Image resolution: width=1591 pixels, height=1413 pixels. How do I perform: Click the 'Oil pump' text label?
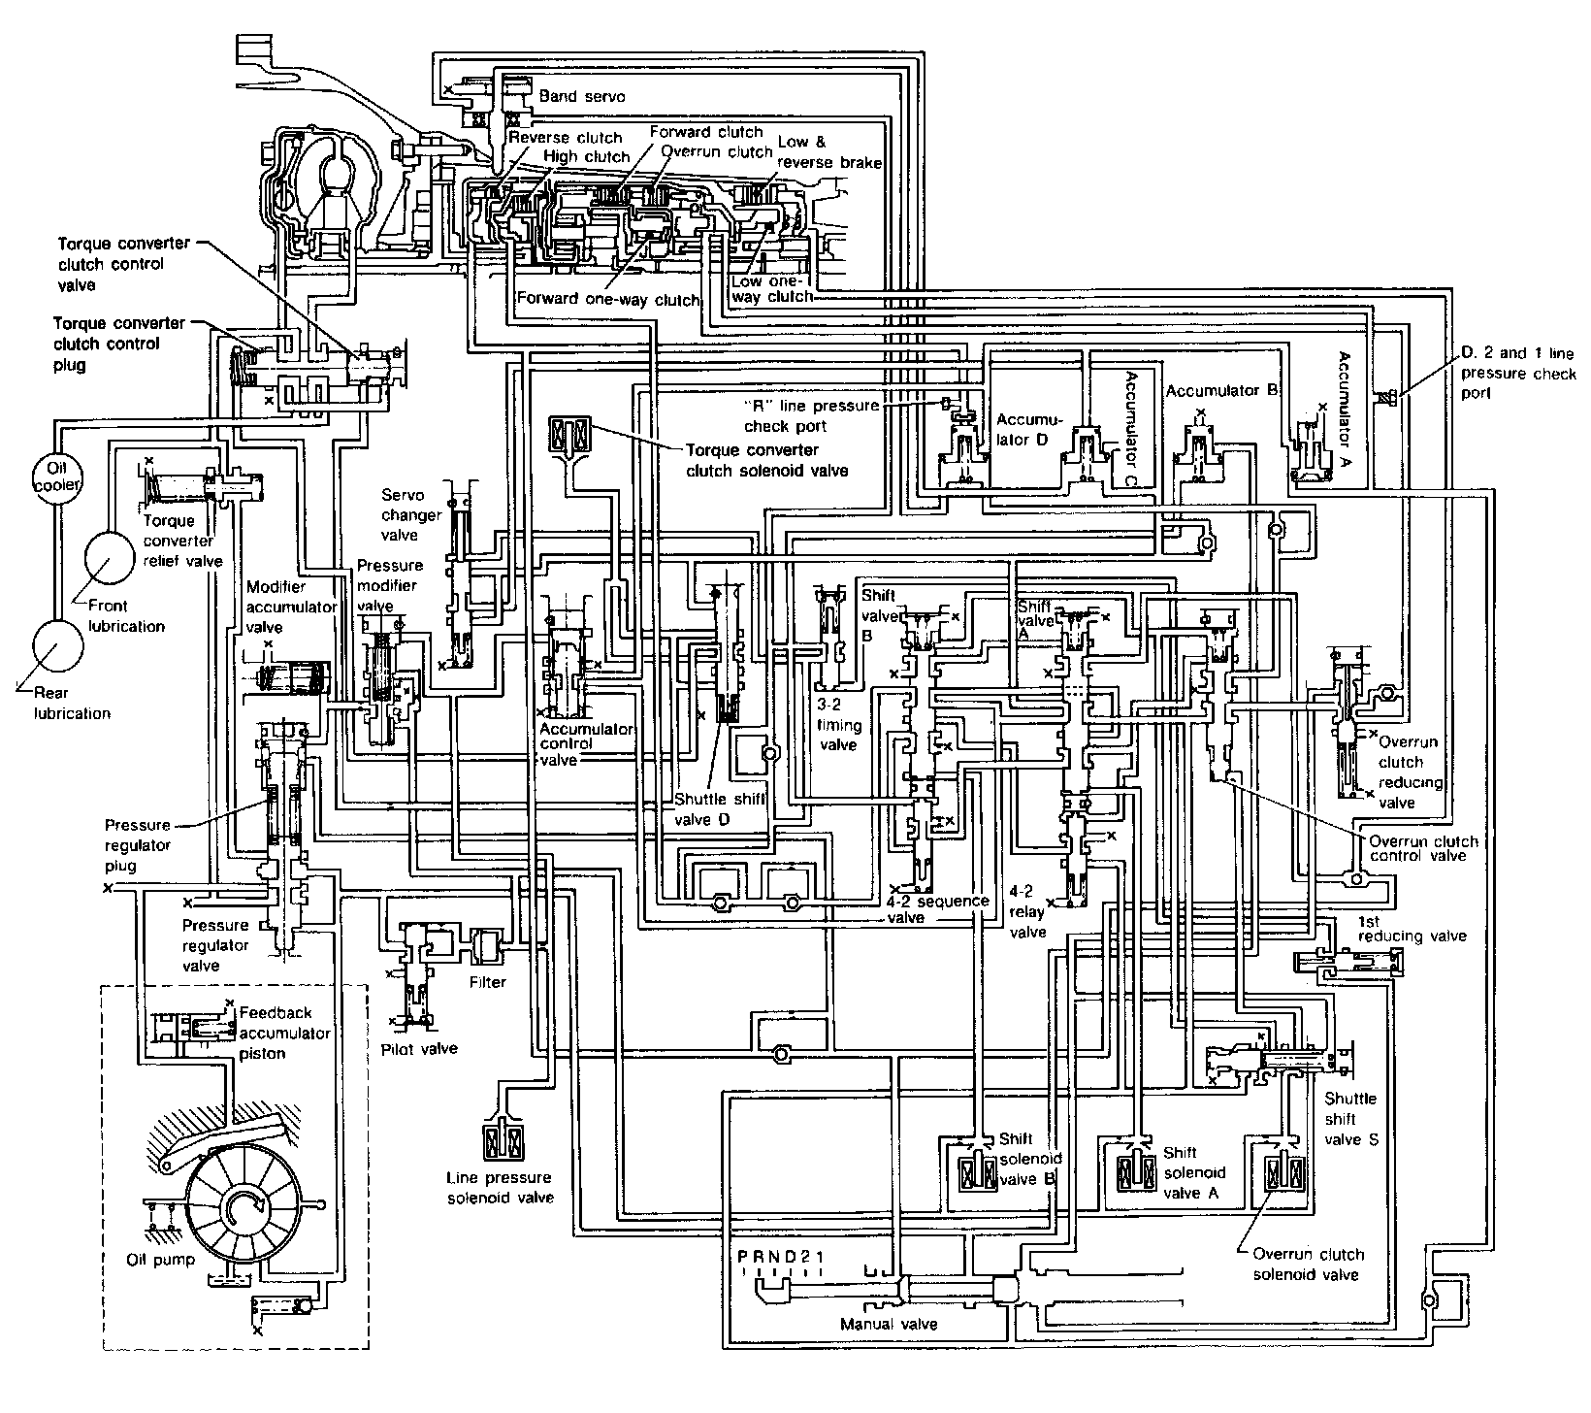(160, 1260)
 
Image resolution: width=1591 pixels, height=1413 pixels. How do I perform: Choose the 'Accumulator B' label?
(1220, 391)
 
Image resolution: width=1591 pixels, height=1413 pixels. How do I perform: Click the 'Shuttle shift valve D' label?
(720, 808)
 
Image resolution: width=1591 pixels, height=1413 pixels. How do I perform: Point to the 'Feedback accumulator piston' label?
(284, 1033)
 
